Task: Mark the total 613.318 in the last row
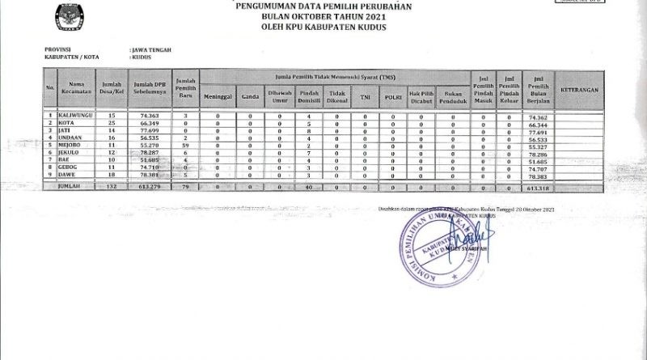click(x=538, y=188)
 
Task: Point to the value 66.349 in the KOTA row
click(x=141, y=124)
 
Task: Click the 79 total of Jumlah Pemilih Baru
click(x=185, y=188)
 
